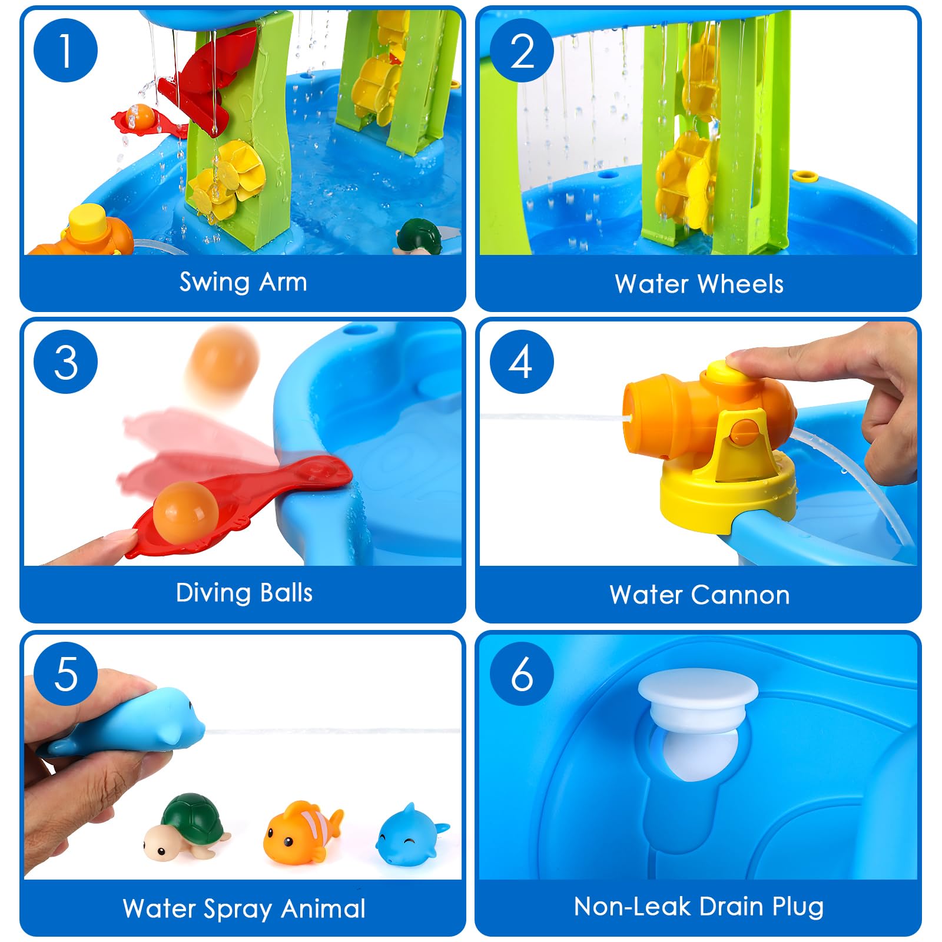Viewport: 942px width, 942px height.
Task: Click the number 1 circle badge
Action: click(x=65, y=50)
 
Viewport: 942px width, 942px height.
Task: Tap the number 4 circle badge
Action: click(x=522, y=361)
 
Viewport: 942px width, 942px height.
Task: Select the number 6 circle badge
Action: click(x=522, y=673)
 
